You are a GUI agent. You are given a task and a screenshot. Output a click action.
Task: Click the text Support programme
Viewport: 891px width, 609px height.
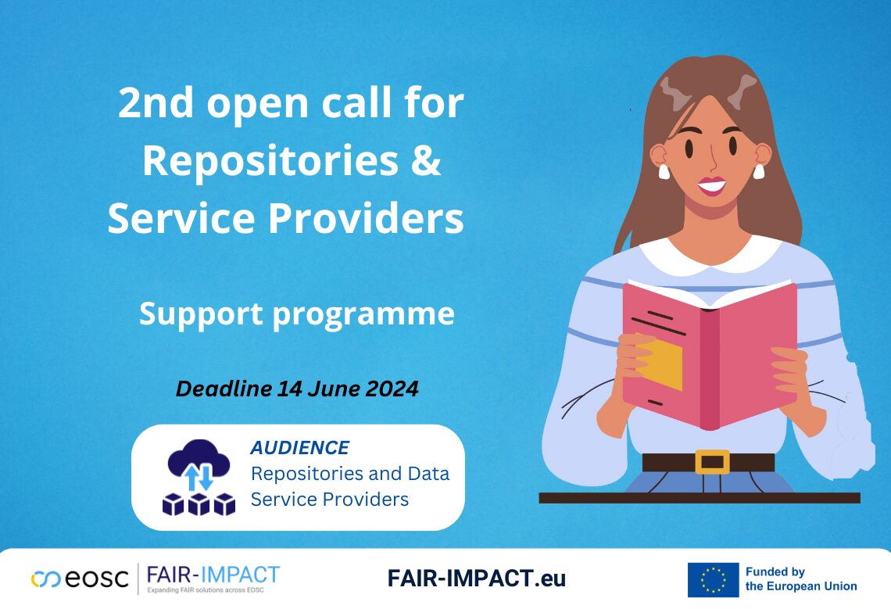296,313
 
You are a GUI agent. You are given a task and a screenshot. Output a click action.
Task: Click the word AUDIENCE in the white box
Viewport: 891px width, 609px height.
299,448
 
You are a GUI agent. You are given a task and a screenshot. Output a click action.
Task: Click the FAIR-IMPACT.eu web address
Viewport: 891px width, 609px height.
476,579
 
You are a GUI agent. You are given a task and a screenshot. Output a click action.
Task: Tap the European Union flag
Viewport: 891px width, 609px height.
713,579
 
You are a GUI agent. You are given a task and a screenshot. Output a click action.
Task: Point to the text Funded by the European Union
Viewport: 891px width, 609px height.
800,579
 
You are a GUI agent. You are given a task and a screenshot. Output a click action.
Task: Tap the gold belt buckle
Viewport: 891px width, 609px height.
711,462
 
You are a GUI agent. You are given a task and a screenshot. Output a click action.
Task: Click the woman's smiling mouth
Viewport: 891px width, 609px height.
711,186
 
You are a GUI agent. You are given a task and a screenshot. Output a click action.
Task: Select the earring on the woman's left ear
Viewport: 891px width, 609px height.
757,170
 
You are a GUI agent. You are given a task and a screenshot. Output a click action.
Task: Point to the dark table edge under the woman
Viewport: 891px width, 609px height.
699,498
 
